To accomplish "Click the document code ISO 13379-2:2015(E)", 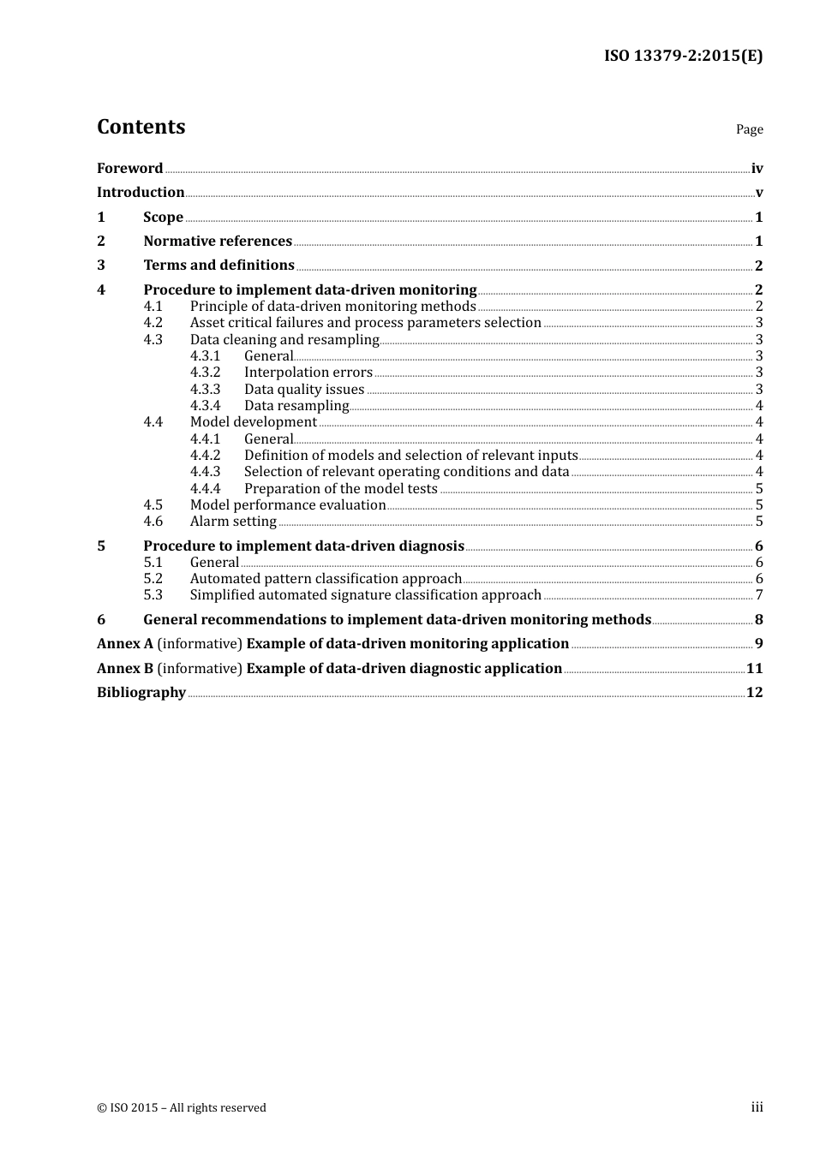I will [683, 57].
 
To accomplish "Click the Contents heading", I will [141, 127].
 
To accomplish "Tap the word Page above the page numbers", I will [749, 129].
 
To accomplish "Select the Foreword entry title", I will [129, 169].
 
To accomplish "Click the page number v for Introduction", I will [758, 193].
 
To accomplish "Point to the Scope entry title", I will [163, 218].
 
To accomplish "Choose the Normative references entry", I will [218, 242].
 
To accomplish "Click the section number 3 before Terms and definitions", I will [101, 265].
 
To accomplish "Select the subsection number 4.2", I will [153, 323].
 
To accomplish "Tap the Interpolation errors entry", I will [308, 373].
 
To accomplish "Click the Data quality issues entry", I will [304, 390].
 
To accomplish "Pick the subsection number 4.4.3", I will [205, 472].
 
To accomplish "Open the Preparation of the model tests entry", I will [340, 489].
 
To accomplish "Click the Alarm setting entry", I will [233, 522].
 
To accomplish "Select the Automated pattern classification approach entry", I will [326, 579].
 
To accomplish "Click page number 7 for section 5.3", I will [759, 595].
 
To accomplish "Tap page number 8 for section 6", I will [758, 620].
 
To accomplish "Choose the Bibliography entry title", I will [141, 693].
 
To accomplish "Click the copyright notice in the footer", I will [182, 1108].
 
